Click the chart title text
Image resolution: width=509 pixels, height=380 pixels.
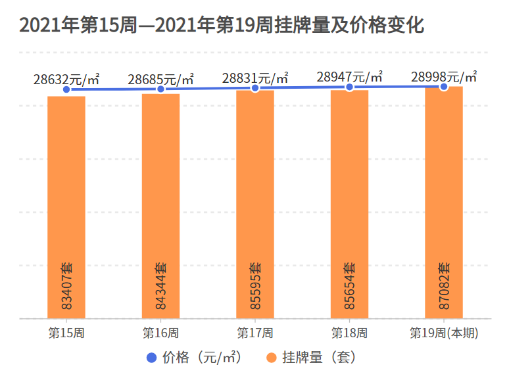[x=222, y=25]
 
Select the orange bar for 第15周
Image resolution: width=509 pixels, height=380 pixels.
[x=66, y=197]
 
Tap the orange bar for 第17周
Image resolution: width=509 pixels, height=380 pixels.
[x=255, y=197]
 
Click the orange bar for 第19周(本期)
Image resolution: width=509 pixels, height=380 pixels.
[x=444, y=197]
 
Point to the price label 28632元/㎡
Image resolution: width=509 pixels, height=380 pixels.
[x=66, y=79]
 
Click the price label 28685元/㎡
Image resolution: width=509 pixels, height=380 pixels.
[x=160, y=79]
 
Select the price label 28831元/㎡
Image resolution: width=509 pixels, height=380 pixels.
[x=255, y=78]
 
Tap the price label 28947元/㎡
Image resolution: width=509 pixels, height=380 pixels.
[x=349, y=76]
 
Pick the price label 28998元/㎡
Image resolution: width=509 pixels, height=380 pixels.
[x=444, y=76]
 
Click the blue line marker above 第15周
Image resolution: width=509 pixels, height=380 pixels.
[x=66, y=89]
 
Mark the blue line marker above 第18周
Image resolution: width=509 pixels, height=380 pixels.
[x=349, y=87]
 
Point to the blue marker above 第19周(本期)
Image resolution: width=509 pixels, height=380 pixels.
[x=444, y=86]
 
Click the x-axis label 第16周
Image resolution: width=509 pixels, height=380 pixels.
[x=160, y=332]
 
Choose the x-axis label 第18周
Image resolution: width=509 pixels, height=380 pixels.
[x=349, y=332]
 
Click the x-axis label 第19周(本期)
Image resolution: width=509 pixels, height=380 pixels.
[x=444, y=332]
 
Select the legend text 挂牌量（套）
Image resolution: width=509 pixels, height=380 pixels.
[x=319, y=358]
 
